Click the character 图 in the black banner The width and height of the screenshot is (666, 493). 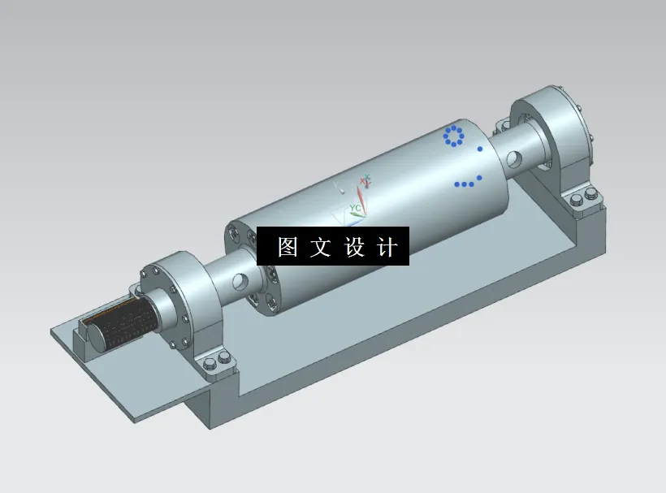pyautogui.click(x=288, y=247)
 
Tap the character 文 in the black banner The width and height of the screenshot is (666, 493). pyautogui.click(x=321, y=247)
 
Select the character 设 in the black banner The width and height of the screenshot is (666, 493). pyautogui.click(x=355, y=247)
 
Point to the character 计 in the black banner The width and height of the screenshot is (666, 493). pyautogui.click(x=388, y=247)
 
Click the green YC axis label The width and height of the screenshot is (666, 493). pyautogui.click(x=355, y=209)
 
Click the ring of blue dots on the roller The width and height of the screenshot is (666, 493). pyautogui.click(x=453, y=136)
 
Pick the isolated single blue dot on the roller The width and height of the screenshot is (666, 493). pyautogui.click(x=480, y=149)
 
